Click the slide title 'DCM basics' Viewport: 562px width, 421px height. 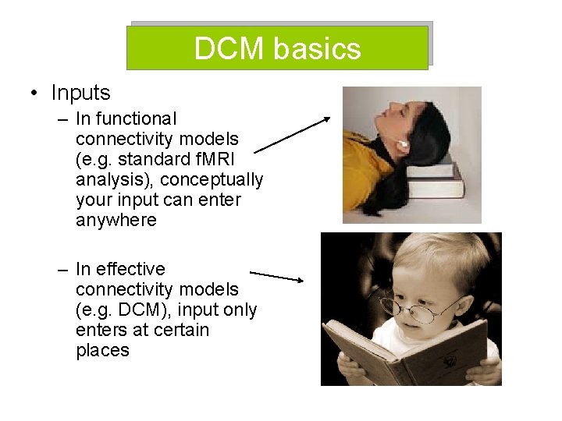click(x=277, y=48)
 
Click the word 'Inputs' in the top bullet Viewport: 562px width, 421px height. click(x=80, y=93)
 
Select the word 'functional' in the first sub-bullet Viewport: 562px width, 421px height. click(x=141, y=119)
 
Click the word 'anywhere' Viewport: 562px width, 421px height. click(x=116, y=220)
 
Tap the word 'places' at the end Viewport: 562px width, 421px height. click(x=102, y=350)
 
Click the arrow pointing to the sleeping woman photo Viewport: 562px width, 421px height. click(x=292, y=134)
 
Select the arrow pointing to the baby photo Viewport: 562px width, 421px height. click(x=276, y=275)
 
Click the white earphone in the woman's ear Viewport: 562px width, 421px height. click(x=404, y=145)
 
